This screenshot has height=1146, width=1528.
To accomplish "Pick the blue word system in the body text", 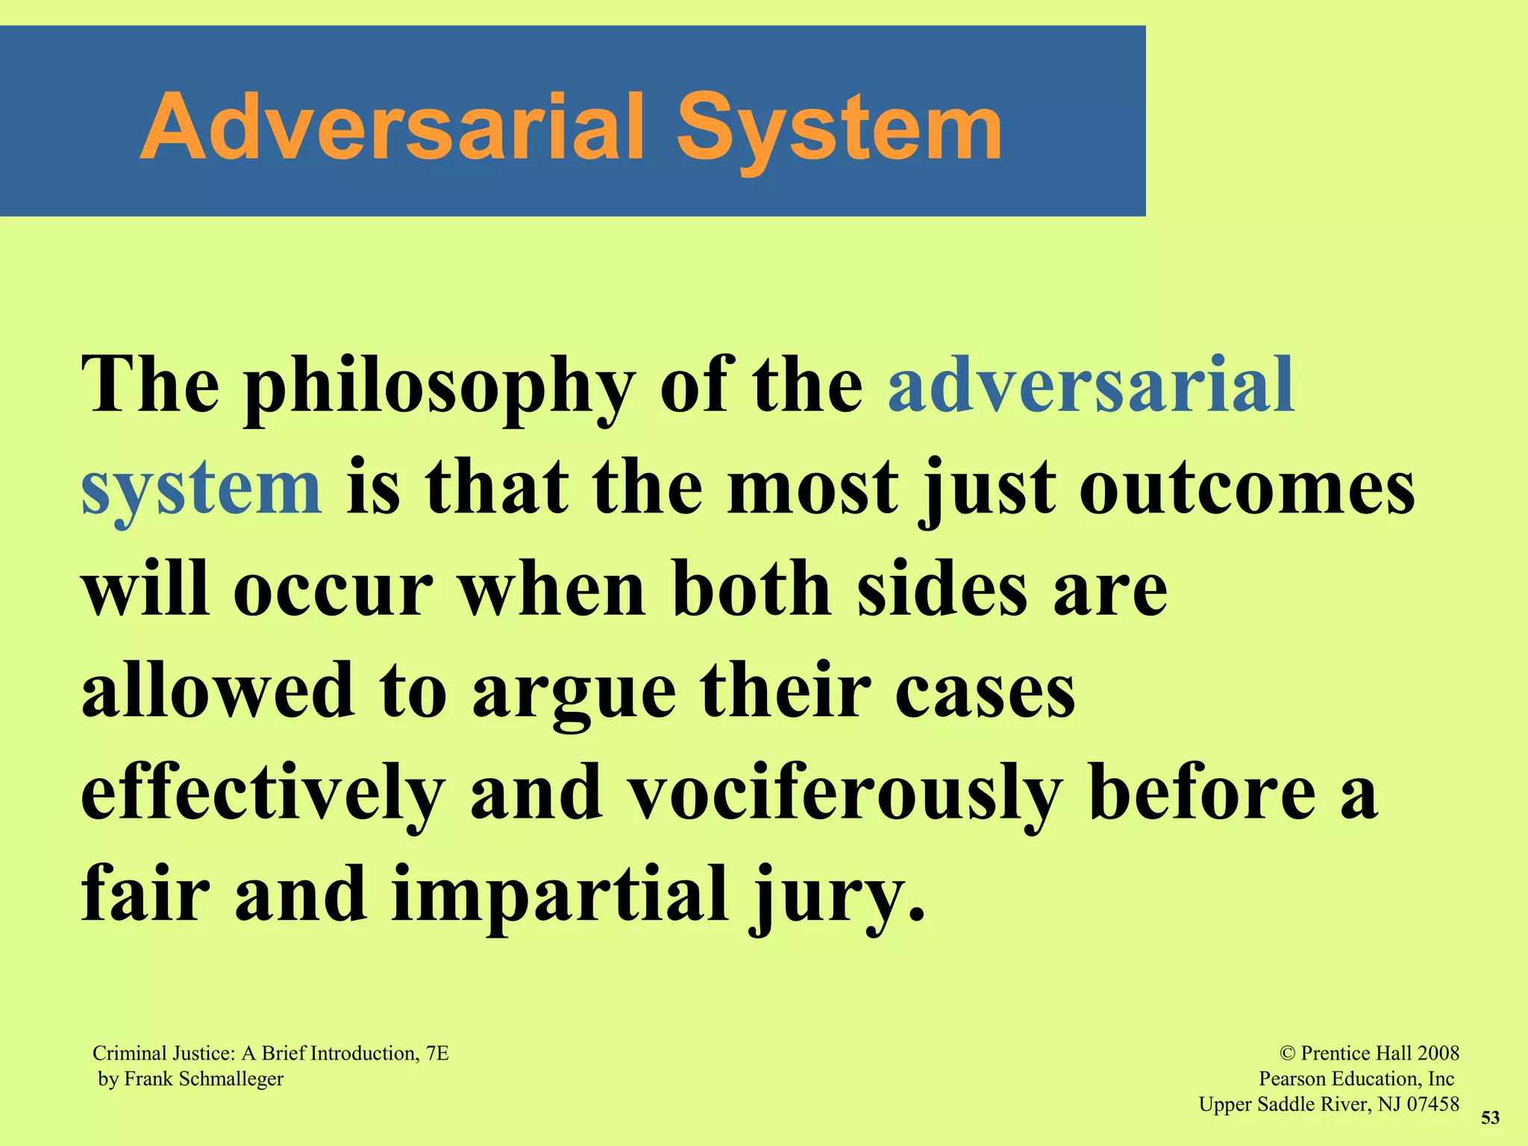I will [x=201, y=489].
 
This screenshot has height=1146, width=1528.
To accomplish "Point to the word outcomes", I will [x=1247, y=489].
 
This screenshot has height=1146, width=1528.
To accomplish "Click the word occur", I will [x=333, y=590].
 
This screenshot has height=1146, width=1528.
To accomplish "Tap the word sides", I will [x=942, y=590].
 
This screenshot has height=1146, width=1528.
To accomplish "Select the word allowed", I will [x=217, y=691].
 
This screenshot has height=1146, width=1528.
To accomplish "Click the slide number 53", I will [x=1490, y=1118].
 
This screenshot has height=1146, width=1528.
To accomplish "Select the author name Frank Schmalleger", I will [x=204, y=1079].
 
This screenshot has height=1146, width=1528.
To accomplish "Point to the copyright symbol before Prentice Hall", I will [x=1288, y=1053].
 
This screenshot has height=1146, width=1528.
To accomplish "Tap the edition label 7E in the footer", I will [x=437, y=1053].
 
